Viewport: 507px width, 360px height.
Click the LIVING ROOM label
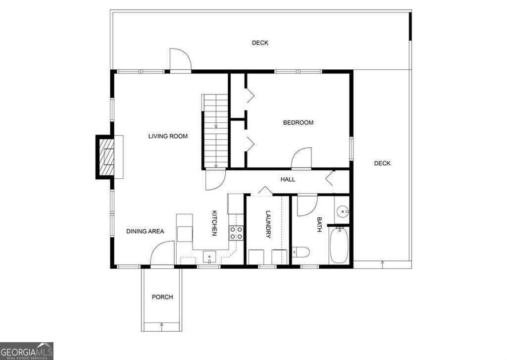[x=168, y=136]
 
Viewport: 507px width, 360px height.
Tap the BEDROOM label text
[x=298, y=123]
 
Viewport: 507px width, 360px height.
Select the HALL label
[x=288, y=179]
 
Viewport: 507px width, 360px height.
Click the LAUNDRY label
[x=268, y=224]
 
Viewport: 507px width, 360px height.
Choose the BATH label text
[x=319, y=224]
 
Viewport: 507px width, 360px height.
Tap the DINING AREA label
[x=145, y=231]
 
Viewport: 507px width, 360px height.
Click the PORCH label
[x=162, y=297]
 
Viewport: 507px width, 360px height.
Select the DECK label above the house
[x=260, y=43]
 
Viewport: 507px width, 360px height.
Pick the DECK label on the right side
[x=382, y=163]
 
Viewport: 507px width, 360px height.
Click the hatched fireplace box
[x=105, y=157]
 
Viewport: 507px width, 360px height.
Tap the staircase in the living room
[x=215, y=131]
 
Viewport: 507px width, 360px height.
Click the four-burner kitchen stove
[x=237, y=233]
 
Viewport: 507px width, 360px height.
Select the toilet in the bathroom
[x=301, y=253]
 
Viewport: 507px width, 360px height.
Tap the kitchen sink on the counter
[x=209, y=257]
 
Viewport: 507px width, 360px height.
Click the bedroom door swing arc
[x=301, y=158]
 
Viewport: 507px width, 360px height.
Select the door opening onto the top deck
[x=180, y=61]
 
